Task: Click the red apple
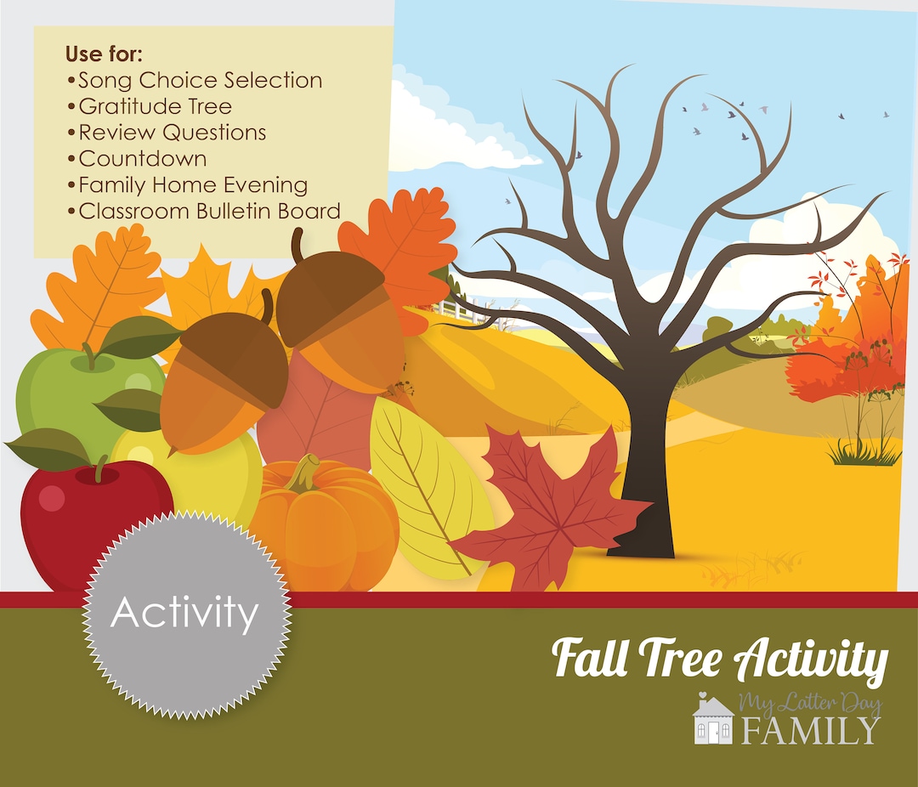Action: pos(76,518)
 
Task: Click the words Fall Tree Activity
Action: pos(721,660)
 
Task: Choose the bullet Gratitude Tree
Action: pos(154,106)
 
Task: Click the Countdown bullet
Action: pos(141,158)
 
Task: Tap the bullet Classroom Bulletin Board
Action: pos(208,211)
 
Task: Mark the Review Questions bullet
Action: pos(171,133)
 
